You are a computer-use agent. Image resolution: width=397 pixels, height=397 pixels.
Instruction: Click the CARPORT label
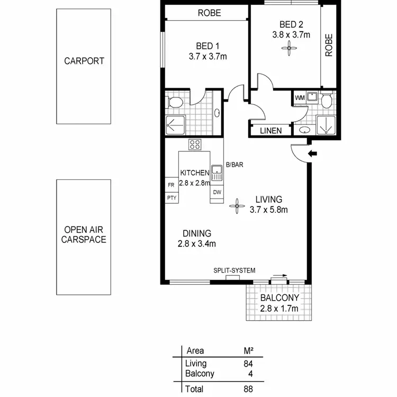84,61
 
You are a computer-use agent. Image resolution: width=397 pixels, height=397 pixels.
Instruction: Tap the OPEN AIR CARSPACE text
84,234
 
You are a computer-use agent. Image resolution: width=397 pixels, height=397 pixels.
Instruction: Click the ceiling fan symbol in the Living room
236,206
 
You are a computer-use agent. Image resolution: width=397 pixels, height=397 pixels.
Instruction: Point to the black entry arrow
313,154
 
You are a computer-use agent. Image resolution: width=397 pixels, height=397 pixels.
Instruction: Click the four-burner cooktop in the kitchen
194,144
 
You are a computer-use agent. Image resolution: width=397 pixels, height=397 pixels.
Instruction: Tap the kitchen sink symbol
216,171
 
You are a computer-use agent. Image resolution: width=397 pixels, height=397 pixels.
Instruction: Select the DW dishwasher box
217,192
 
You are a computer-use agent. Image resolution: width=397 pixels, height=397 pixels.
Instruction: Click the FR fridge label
171,185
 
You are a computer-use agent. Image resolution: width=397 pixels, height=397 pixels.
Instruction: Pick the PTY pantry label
171,198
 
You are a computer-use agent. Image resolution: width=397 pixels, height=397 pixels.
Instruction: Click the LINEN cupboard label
270,130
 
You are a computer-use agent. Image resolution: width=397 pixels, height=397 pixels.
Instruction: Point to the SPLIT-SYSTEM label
234,270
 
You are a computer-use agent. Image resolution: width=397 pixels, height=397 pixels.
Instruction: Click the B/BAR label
234,165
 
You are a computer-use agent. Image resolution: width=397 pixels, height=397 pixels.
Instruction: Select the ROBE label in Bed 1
209,13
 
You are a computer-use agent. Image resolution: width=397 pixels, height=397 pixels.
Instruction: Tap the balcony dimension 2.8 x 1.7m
279,309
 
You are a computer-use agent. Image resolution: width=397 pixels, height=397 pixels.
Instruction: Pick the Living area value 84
247,364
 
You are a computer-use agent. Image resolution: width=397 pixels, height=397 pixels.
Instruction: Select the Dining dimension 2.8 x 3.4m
197,243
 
